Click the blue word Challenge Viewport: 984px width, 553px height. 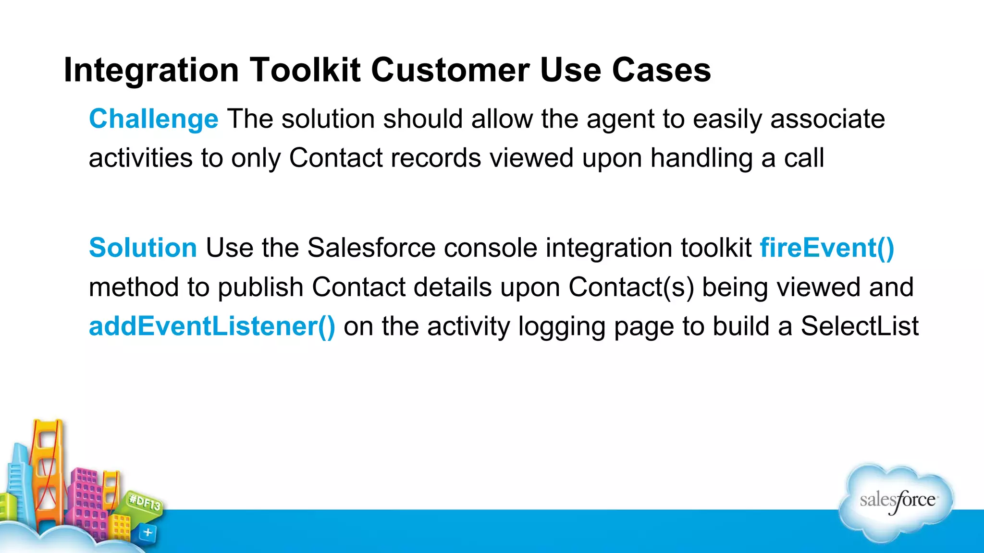click(x=154, y=119)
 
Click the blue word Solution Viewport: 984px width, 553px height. click(x=143, y=248)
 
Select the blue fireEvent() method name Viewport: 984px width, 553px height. click(x=827, y=248)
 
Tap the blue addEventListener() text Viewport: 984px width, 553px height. click(x=212, y=326)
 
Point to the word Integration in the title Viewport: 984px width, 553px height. click(x=151, y=70)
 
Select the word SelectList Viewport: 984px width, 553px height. click(x=860, y=326)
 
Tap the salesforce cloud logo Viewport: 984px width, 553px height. click(x=897, y=502)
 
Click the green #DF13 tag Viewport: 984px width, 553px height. click(x=145, y=503)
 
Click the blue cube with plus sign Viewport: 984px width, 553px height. click(x=148, y=532)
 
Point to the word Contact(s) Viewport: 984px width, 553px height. click(x=631, y=287)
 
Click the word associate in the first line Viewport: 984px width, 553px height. click(x=827, y=119)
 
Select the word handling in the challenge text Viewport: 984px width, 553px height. click(x=701, y=158)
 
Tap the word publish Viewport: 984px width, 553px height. click(x=260, y=287)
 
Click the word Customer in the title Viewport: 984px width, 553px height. click(x=450, y=70)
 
